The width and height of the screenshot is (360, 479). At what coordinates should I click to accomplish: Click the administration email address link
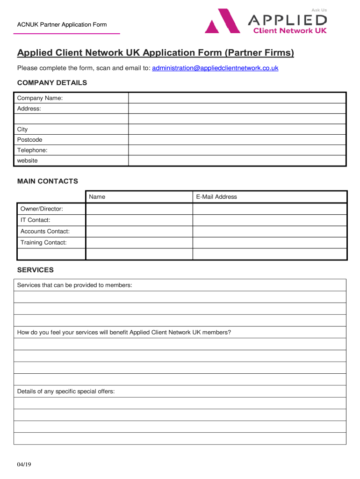click(x=215, y=68)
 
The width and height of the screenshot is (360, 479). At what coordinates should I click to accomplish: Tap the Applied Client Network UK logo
click(x=266, y=22)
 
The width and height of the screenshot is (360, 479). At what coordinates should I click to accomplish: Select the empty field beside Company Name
click(x=237, y=98)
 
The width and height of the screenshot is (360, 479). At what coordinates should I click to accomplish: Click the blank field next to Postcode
click(x=237, y=140)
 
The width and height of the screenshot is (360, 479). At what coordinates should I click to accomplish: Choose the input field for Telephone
click(x=237, y=150)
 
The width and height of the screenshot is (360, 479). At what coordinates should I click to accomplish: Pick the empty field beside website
click(x=237, y=160)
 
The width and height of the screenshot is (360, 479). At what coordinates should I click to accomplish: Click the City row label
click(x=22, y=130)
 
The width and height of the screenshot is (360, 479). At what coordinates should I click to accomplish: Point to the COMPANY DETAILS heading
click(x=52, y=83)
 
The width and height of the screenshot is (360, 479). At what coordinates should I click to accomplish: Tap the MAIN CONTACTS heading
click(x=48, y=181)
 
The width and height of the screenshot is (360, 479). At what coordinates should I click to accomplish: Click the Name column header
click(x=97, y=197)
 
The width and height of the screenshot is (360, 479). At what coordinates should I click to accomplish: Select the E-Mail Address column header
click(x=216, y=197)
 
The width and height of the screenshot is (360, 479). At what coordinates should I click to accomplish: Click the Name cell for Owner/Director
click(x=139, y=209)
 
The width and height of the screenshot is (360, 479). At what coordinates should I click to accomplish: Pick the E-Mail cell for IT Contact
click(x=269, y=220)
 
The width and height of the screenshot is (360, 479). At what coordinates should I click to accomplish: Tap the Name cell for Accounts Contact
click(x=139, y=232)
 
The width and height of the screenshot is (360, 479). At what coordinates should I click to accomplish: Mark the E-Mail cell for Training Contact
click(x=269, y=243)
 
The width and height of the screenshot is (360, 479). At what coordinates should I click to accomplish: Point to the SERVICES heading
click(x=36, y=270)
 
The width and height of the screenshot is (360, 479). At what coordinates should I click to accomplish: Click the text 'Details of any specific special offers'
click(x=66, y=391)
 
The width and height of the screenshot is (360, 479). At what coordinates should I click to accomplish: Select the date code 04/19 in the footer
click(x=24, y=464)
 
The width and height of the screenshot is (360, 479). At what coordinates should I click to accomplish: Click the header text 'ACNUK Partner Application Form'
click(x=62, y=25)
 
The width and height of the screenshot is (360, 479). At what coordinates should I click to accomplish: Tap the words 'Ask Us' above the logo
click(x=319, y=10)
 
